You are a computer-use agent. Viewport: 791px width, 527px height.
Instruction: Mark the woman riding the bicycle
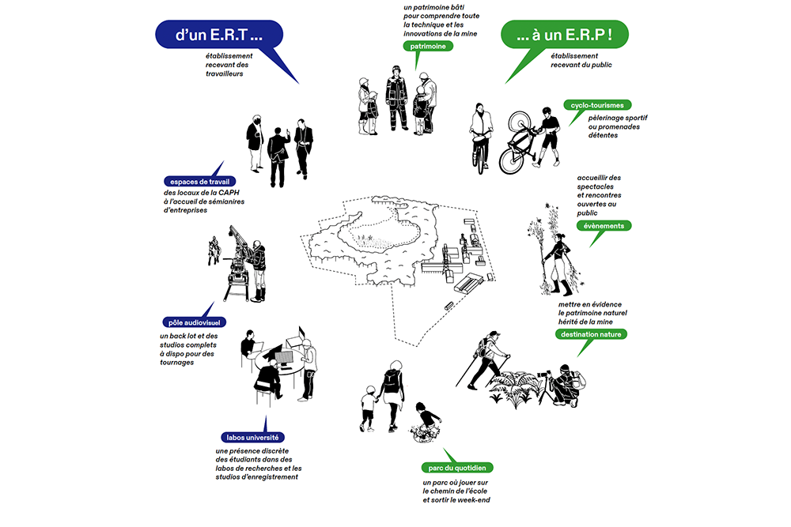479,134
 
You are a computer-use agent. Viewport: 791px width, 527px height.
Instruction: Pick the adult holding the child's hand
392,393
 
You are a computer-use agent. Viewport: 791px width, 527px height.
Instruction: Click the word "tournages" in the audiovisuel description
176,363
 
